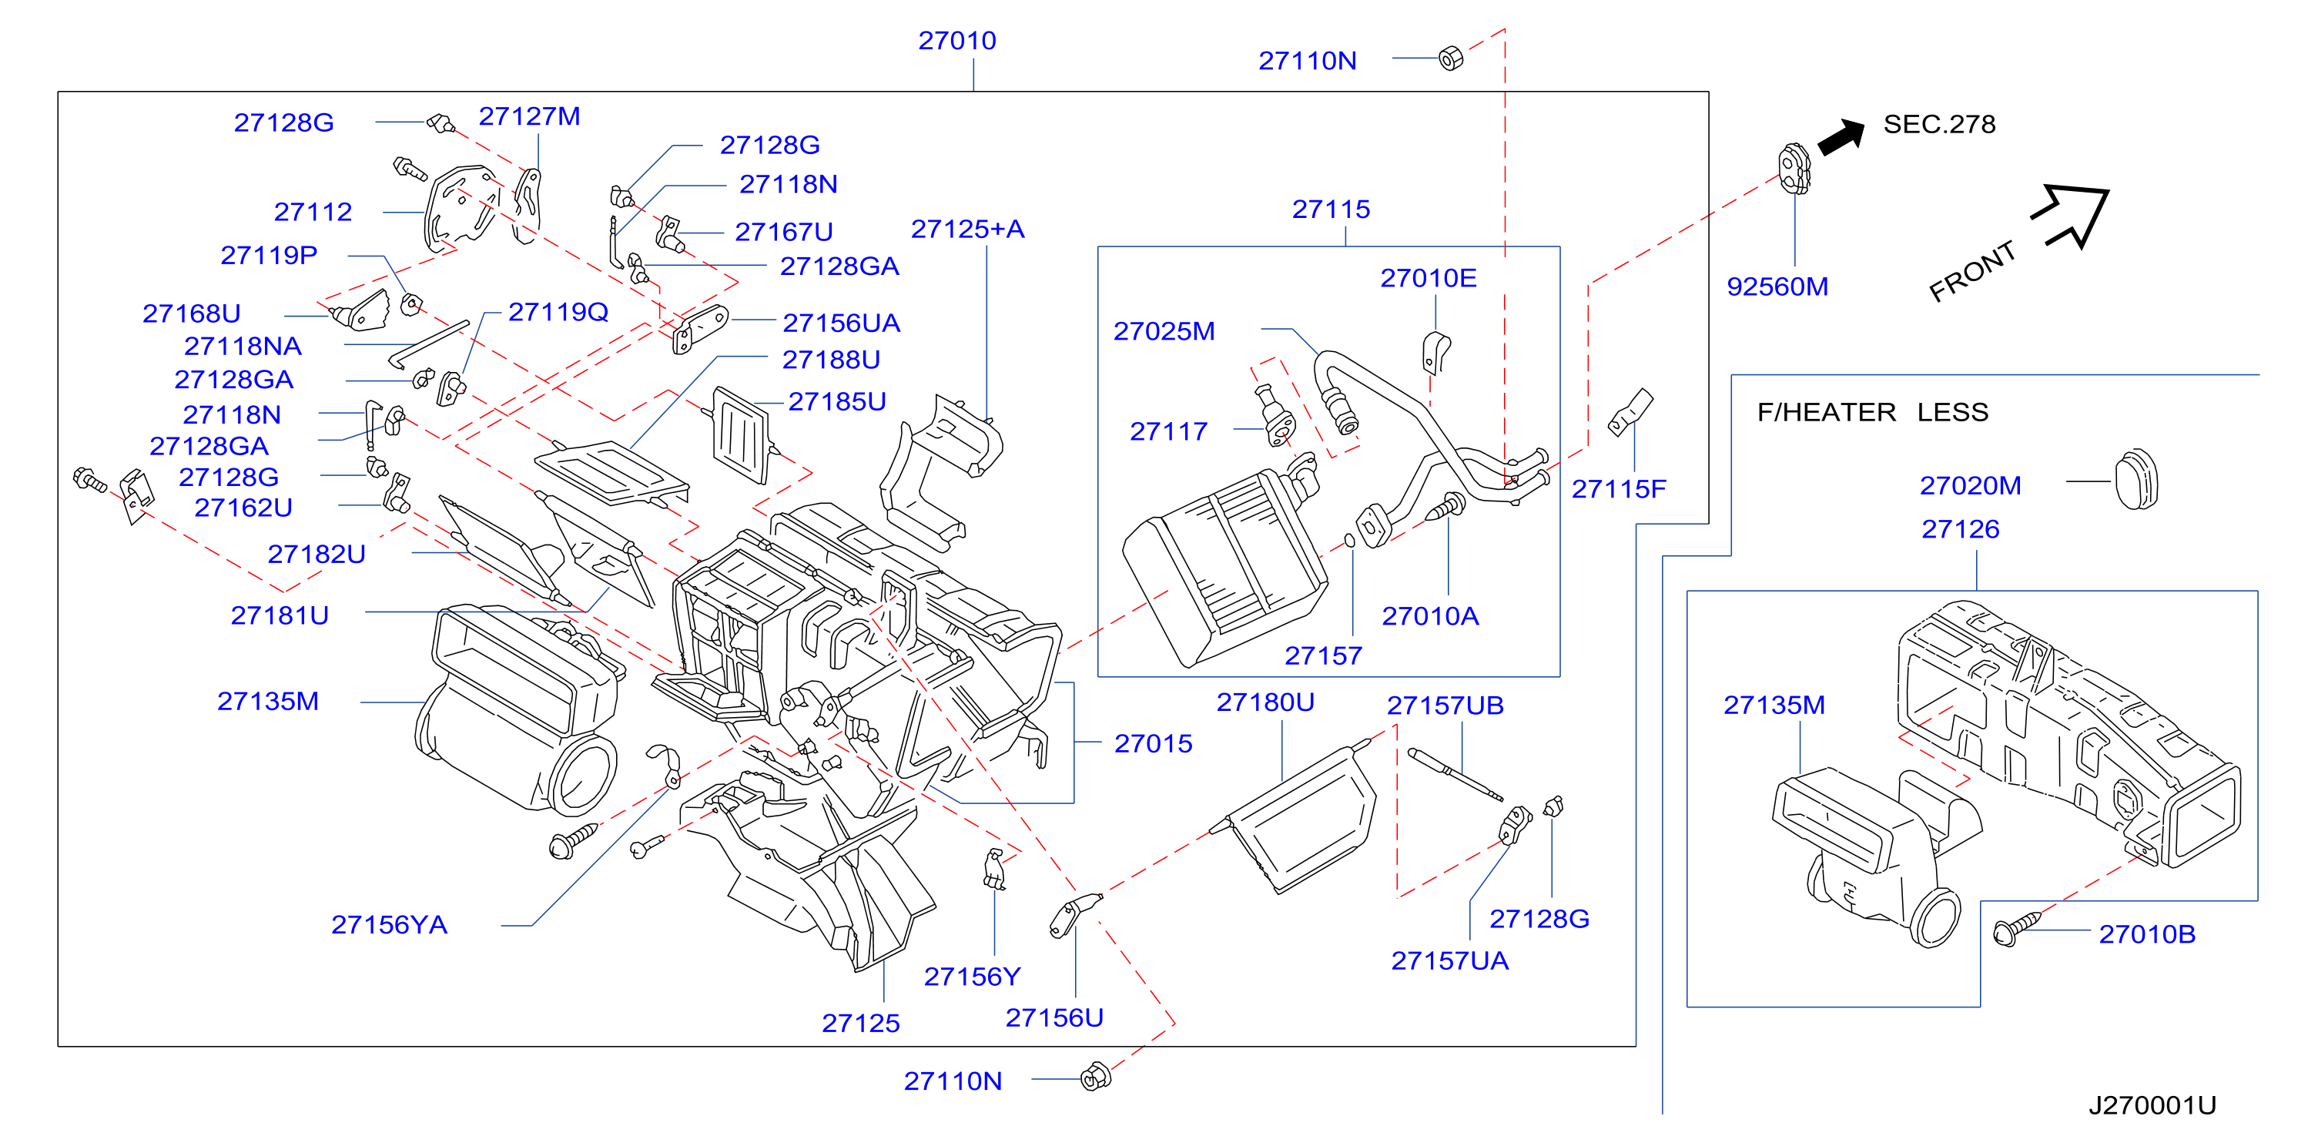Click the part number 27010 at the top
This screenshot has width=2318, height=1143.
tap(956, 41)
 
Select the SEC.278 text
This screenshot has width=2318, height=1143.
tap(1939, 124)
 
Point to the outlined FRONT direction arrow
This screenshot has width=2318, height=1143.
tap(2072, 215)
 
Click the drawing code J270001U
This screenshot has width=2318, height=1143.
tap(2152, 1105)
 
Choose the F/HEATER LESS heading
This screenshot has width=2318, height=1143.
tap(1873, 412)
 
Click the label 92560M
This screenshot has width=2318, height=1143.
tap(1777, 287)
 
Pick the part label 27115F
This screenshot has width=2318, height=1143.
tap(1618, 488)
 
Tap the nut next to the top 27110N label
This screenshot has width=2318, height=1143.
tap(1451, 59)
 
